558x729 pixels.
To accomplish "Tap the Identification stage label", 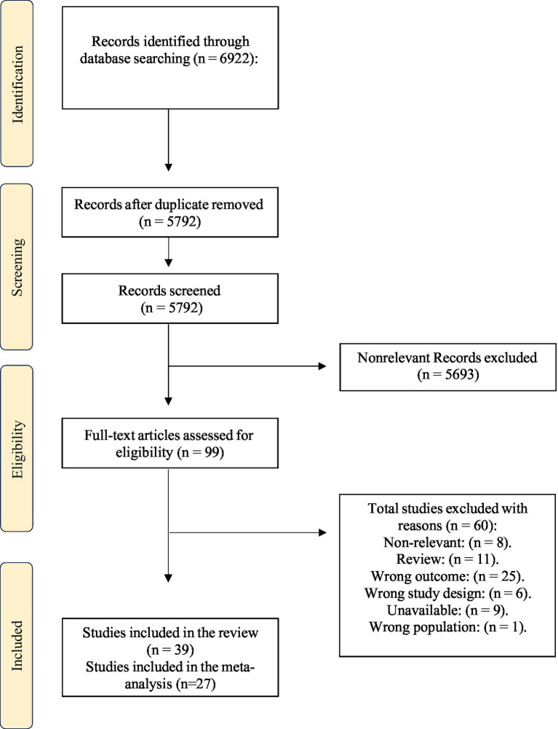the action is [17, 84].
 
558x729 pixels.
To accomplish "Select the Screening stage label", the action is [17, 267].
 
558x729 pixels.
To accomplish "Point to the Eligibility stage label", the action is [17, 449].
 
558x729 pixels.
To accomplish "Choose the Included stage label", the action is [17, 645].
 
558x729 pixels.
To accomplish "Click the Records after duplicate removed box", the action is [170, 213].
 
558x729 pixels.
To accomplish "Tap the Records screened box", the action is [170, 299].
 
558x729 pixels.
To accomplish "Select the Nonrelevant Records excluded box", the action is [448, 367].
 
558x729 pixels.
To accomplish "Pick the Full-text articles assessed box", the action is [170, 443].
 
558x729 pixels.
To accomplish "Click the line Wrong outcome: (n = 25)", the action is [447, 577].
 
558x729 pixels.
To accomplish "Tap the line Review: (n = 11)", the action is [447, 559].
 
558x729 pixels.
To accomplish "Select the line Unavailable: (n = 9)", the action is [447, 610].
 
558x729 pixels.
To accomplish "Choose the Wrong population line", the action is [447, 627].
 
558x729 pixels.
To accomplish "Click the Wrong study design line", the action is [447, 594].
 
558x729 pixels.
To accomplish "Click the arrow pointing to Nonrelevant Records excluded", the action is [247, 366].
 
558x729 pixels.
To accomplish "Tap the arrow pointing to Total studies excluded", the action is [247, 532].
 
